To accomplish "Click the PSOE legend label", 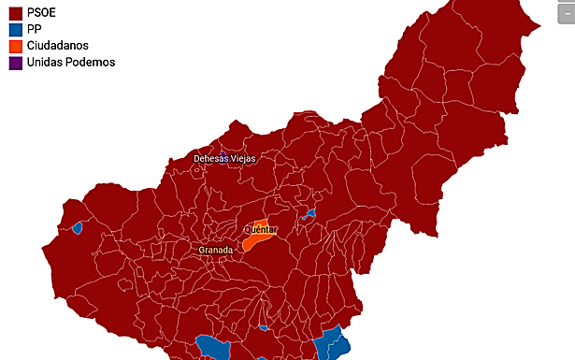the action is point(43,13).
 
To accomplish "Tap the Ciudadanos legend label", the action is point(58,45).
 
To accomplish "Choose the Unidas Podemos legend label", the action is point(70,62).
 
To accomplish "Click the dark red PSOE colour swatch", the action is point(15,13).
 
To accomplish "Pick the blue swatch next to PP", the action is point(15,29).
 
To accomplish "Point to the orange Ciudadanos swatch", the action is point(15,46).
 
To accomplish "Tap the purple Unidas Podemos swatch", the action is point(15,62).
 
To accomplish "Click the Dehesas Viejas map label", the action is point(224,159).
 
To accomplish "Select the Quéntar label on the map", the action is point(260,229).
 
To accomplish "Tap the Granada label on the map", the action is point(215,250).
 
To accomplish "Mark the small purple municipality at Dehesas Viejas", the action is point(223,151).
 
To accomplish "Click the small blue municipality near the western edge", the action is point(78,226).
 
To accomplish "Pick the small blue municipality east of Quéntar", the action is point(309,214).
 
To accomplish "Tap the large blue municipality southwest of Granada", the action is point(213,348).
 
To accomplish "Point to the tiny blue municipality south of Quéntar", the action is point(265,328).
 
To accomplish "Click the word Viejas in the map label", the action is point(241,159).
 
